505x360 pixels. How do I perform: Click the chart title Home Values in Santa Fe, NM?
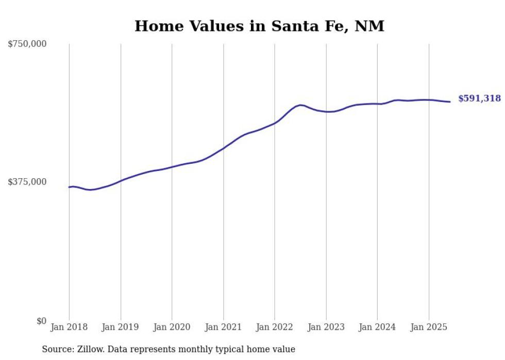click(259, 26)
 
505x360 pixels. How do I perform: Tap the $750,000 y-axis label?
click(27, 44)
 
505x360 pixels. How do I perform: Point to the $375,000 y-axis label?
click(27, 182)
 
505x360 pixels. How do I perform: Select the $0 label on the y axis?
click(41, 321)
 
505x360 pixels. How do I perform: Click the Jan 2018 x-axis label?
click(69, 327)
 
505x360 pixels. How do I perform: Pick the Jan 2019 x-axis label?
click(121, 327)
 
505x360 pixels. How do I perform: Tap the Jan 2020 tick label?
click(172, 327)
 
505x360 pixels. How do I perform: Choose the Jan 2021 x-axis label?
click(223, 327)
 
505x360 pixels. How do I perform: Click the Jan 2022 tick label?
click(275, 327)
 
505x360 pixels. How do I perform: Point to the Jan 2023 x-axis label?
click(326, 327)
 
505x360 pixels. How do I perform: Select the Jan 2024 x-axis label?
click(377, 327)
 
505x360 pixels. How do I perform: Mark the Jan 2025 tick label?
click(429, 327)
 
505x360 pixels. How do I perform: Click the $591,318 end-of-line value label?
click(479, 98)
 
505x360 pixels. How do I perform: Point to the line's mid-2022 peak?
click(300, 105)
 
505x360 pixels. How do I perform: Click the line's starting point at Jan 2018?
click(69, 187)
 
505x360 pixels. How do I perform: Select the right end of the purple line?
click(450, 101)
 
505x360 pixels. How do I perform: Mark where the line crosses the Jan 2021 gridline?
click(223, 148)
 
